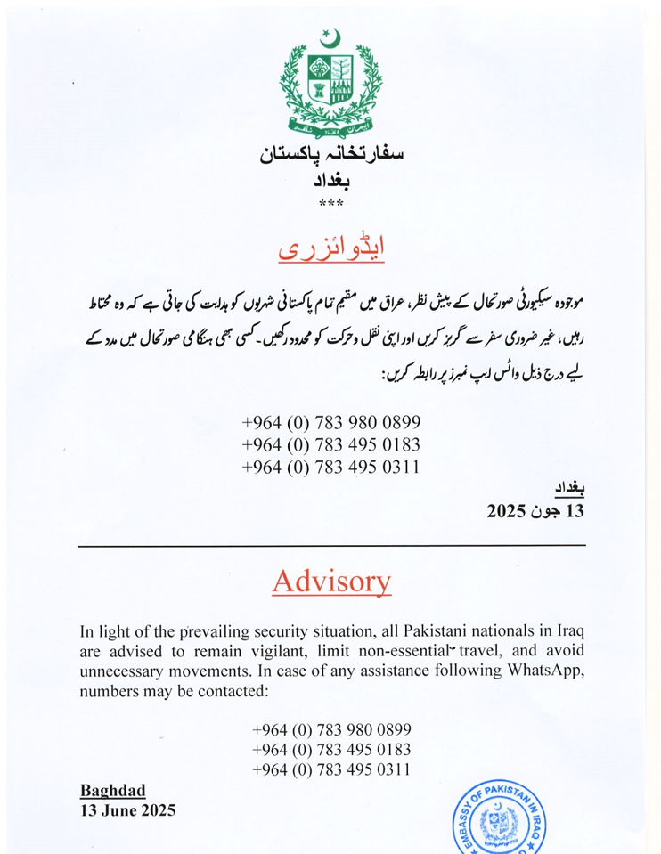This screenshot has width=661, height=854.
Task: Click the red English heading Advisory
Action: (330, 582)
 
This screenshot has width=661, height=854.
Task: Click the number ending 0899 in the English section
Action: (331, 728)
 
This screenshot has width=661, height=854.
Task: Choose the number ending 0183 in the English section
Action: (331, 748)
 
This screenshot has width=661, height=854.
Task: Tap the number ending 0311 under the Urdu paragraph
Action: (330, 468)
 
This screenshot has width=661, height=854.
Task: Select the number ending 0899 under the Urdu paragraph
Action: (330, 422)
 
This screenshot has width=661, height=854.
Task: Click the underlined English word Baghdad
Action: (113, 790)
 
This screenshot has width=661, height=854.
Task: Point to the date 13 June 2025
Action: (127, 810)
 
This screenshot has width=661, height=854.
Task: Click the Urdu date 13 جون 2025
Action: (535, 512)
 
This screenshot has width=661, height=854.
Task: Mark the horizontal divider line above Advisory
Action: (330, 545)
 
